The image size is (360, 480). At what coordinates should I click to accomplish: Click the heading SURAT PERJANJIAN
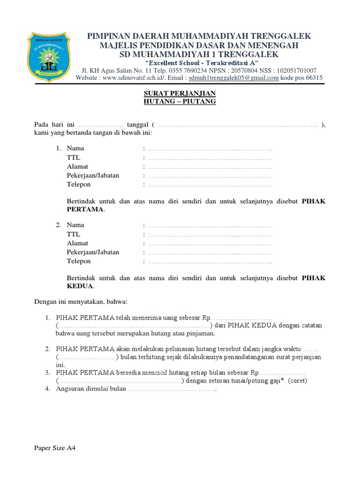180,93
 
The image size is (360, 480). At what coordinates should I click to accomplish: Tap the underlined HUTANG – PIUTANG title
180,102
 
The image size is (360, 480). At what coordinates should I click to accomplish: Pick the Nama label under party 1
75,149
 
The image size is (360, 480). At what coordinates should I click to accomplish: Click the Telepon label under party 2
79,261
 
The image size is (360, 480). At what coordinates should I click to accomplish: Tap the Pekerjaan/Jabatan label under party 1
93,175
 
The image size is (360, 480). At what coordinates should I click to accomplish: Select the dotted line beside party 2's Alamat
210,243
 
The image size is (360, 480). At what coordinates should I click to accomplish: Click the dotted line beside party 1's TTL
210,157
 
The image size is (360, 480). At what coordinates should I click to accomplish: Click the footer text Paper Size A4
55,448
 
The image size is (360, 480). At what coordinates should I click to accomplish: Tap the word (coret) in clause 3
297,381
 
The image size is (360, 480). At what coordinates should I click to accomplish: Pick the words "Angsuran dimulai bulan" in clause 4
91,390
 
